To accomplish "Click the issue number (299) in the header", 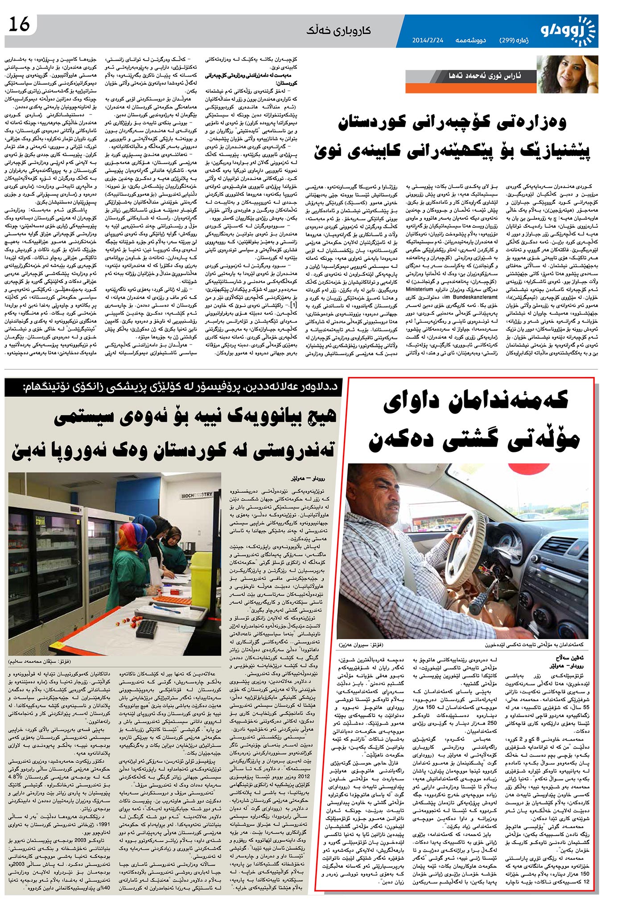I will click(x=514, y=40).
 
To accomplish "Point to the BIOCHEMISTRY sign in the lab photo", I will click(x=196, y=495).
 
